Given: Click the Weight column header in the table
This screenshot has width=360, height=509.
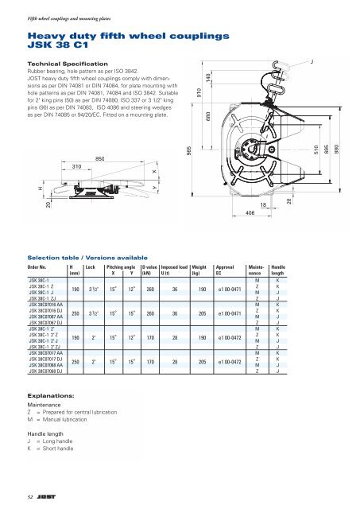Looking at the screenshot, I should [x=199, y=268].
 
